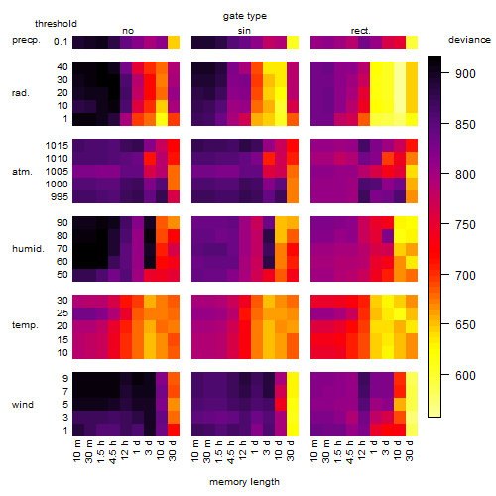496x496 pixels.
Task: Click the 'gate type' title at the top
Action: (245, 16)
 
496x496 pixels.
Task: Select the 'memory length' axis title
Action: (245, 482)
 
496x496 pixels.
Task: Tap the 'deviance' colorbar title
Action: (469, 40)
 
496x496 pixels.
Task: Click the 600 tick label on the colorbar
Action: (465, 376)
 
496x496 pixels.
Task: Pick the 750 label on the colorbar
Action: (465, 225)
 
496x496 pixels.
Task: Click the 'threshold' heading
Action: (56, 24)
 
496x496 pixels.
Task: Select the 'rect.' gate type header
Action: (361, 31)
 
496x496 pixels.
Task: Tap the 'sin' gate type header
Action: (244, 31)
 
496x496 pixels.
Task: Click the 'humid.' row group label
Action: (28, 249)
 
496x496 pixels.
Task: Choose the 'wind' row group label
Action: (23, 405)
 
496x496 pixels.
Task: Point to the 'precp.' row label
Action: (26, 40)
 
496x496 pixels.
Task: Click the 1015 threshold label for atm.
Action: (57, 146)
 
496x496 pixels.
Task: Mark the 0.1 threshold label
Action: (61, 42)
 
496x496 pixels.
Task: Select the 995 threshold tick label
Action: (60, 197)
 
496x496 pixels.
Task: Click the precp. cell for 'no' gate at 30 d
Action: (174, 42)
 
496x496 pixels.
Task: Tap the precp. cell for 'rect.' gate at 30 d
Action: (412, 42)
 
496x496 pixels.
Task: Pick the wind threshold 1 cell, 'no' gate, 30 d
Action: (174, 430)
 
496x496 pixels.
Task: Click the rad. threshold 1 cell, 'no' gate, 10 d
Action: (162, 119)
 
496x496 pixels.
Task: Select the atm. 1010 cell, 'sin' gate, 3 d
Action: (269, 159)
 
